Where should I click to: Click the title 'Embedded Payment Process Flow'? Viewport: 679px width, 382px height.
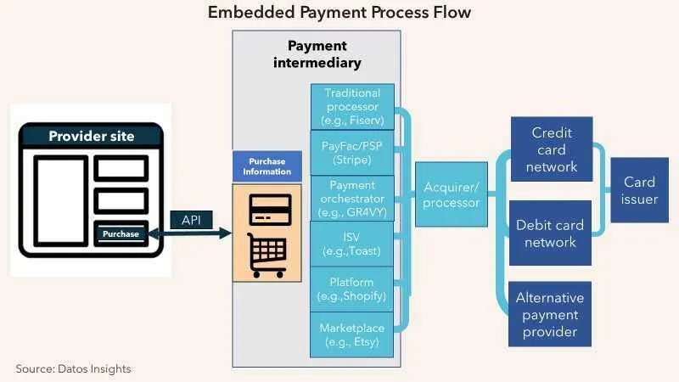[x=339, y=13]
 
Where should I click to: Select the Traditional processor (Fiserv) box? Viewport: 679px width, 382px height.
[x=352, y=107]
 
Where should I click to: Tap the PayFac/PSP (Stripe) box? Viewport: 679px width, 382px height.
[x=352, y=152]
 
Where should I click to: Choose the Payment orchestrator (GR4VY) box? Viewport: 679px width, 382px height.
[x=352, y=198]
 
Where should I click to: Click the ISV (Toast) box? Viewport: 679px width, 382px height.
[x=352, y=244]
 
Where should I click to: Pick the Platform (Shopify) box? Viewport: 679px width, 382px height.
[x=352, y=289]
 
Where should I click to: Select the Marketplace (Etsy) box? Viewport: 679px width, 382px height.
[x=352, y=334]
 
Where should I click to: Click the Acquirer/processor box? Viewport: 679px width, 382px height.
[x=451, y=194]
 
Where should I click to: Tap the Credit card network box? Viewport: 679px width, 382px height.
[x=551, y=150]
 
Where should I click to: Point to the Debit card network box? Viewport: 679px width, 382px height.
[x=551, y=233]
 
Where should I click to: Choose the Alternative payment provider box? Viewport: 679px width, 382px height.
[x=551, y=314]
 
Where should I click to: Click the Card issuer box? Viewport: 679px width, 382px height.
[x=639, y=191]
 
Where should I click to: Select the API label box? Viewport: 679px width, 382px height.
[x=190, y=219]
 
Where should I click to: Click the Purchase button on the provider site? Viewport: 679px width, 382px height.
[x=121, y=233]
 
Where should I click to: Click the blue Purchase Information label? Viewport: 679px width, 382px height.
[x=268, y=166]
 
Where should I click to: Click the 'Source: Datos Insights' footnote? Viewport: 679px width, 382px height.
[x=74, y=368]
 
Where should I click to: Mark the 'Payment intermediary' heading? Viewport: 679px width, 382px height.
[x=317, y=54]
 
